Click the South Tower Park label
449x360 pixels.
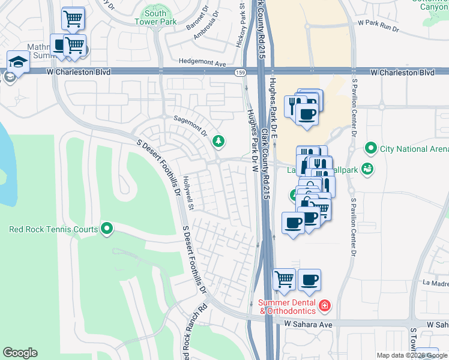tap(155, 17)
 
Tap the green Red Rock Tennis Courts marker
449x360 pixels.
tap(107, 228)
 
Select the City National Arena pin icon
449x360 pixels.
tap(371, 148)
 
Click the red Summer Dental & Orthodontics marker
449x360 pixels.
tap(325, 307)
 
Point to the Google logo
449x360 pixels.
tap(20, 353)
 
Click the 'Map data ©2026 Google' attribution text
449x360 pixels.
tap(412, 355)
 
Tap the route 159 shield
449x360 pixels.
tap(240, 73)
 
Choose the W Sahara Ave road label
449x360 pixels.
tap(308, 324)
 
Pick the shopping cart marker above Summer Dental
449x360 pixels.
tap(284, 278)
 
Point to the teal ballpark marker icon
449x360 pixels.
tap(367, 170)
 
